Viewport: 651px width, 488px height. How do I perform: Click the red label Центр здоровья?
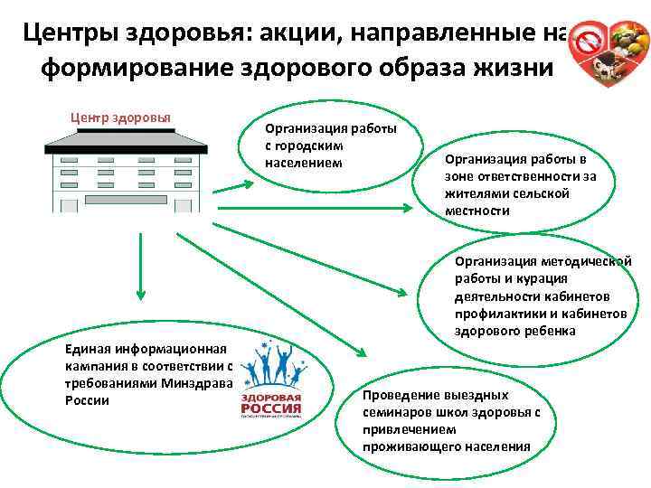[x=121, y=117]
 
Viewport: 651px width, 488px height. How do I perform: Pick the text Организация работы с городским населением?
[x=331, y=145]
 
